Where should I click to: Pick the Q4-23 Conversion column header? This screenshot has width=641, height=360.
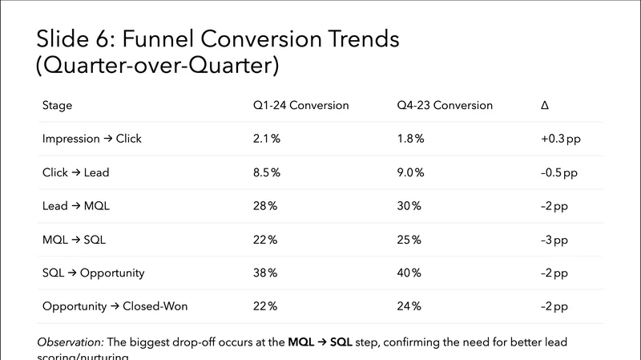(x=445, y=105)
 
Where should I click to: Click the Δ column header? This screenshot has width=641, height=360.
(x=546, y=105)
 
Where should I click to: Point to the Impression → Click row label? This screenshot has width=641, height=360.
(x=91, y=139)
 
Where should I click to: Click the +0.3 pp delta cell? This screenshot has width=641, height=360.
(x=561, y=139)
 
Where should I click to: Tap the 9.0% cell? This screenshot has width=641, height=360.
(x=411, y=172)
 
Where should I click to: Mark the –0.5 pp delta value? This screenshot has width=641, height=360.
(x=559, y=172)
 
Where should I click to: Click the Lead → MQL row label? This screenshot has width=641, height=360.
(x=75, y=206)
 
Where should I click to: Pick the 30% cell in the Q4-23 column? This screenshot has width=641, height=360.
(x=409, y=206)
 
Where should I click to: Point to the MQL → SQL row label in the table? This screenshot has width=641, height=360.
(x=74, y=240)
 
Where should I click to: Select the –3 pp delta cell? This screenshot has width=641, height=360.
(x=554, y=240)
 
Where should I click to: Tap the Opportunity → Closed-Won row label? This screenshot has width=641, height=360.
(x=115, y=306)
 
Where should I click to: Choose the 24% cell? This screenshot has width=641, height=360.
(x=409, y=306)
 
